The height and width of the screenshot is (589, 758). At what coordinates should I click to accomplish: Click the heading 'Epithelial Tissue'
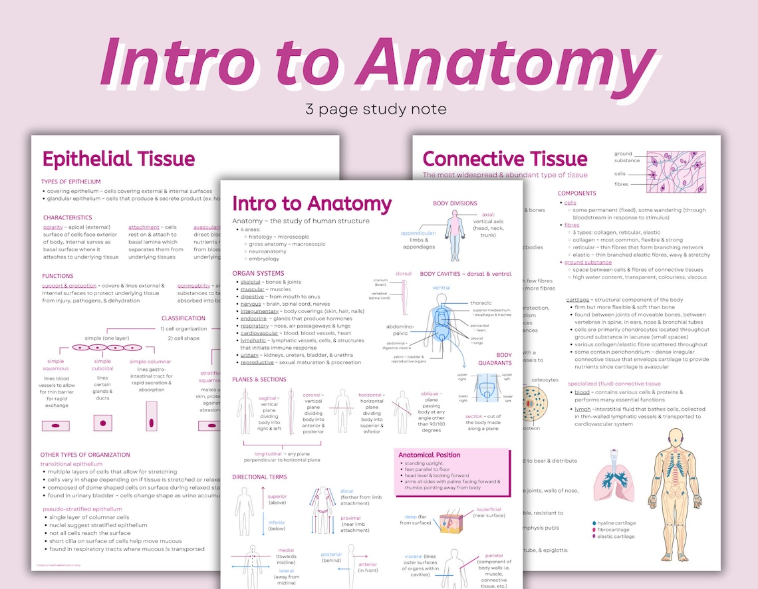point(118,160)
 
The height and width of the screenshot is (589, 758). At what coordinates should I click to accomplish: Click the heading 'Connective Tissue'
point(505,159)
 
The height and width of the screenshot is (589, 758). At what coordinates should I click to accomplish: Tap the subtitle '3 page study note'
point(376,108)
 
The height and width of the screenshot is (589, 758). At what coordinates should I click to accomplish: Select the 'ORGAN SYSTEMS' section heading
point(258,273)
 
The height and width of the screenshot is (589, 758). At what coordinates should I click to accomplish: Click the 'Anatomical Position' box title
point(429,455)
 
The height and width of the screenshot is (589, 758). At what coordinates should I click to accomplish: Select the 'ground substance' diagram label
point(627,157)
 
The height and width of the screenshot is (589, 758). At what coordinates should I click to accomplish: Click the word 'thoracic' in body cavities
point(481,303)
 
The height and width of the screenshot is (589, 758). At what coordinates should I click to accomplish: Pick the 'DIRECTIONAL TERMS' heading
point(260,477)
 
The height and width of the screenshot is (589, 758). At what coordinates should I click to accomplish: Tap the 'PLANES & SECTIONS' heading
point(259,380)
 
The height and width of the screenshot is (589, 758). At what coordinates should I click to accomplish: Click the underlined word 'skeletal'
point(250,282)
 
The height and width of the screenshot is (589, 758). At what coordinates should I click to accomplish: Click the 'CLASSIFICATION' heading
point(183,318)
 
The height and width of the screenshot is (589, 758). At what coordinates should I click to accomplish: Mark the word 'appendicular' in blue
point(418,233)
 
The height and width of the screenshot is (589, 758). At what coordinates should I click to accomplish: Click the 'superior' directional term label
point(277,497)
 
